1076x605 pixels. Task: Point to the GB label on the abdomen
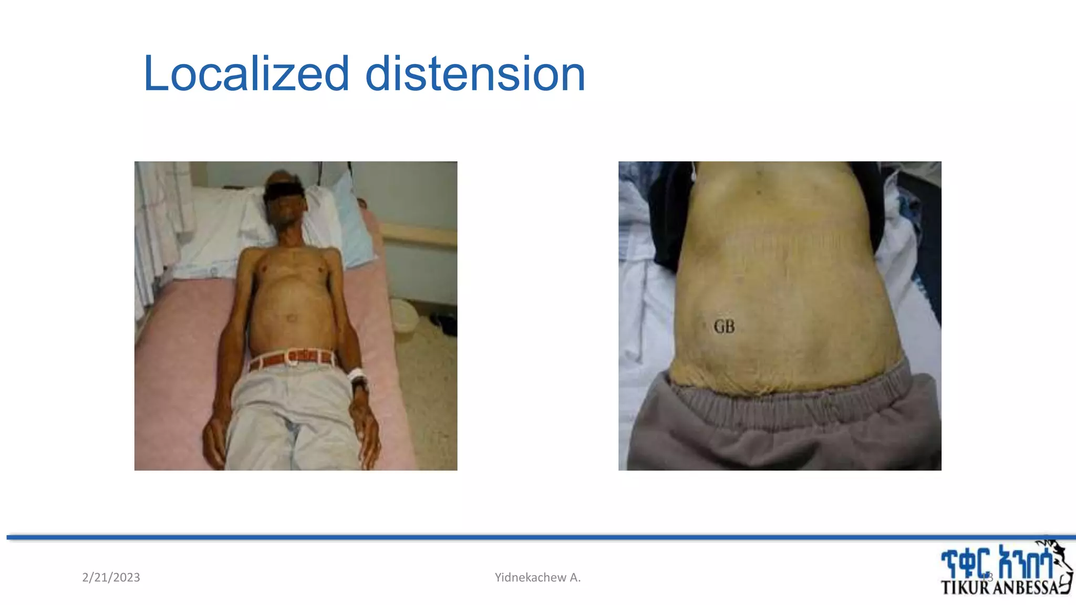724,327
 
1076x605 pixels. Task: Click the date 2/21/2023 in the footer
111,577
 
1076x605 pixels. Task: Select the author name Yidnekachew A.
537,577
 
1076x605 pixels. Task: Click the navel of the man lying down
291,318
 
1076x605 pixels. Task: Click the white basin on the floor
405,315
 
